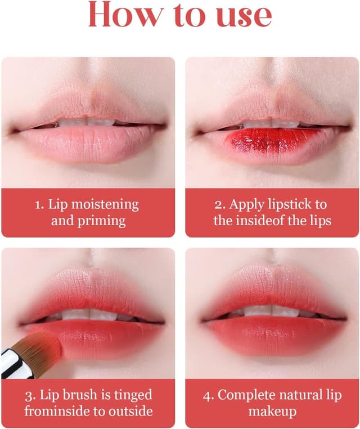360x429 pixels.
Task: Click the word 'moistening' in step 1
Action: click(x=105, y=205)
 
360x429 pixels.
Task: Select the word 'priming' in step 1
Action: click(x=101, y=221)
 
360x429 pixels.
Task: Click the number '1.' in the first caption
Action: click(x=39, y=205)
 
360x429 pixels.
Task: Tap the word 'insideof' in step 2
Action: click(x=260, y=221)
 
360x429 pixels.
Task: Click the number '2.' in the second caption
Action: click(x=220, y=205)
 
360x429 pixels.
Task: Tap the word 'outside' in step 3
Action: click(x=130, y=412)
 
